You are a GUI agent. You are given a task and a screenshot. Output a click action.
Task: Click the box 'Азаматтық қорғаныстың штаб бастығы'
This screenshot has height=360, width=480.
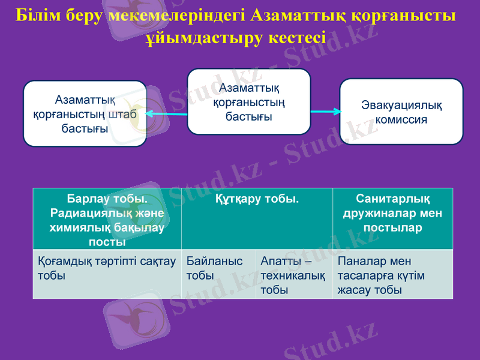pos(85,114)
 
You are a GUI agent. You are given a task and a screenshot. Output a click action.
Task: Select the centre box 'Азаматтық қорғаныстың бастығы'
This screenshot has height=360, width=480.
pos(249,101)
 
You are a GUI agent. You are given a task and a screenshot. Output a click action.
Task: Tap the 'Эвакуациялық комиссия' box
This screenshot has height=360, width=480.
pos(401,112)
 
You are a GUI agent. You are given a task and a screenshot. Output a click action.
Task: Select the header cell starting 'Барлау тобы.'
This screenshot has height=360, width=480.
pos(107,219)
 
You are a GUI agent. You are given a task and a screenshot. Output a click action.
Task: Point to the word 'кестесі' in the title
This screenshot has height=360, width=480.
pos(297,38)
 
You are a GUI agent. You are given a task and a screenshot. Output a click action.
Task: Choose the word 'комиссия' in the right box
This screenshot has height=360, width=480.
pos(401,119)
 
